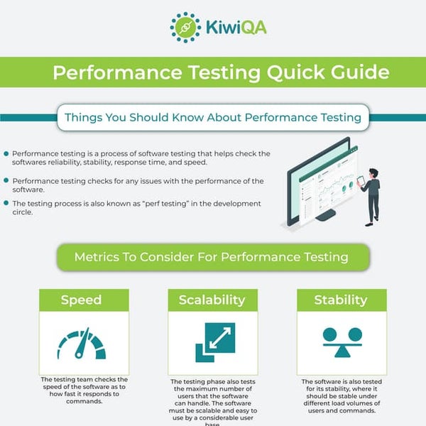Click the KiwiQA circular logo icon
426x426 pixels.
185,27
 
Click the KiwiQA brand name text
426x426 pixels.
226,28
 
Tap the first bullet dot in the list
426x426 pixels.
6,153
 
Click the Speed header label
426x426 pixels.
81,300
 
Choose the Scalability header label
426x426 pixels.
212,300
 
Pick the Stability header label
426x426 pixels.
342,300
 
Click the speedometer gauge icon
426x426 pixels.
82,343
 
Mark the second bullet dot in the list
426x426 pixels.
6,181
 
